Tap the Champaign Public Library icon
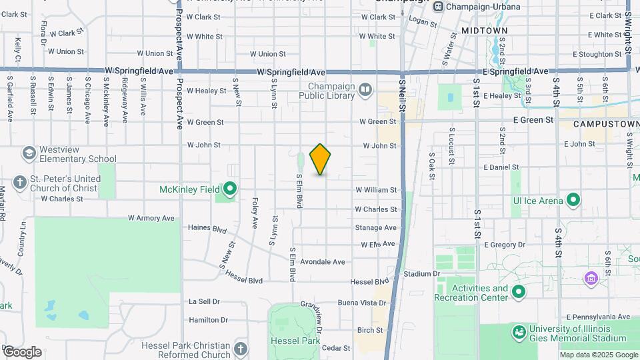pos(365,89)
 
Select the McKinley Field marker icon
pos(229,189)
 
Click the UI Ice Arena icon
pos(573,200)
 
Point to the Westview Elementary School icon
pos(29,154)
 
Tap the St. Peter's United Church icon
pos(20,183)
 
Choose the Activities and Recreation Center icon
pos(518,292)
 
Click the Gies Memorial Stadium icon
pos(519,331)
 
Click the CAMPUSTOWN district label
pos(598,124)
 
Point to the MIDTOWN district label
pos(484,31)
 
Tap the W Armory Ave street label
pos(151,218)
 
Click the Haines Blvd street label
pos(209,227)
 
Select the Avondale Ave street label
pos(323,262)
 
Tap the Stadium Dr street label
pos(423,273)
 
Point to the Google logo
pos(22,352)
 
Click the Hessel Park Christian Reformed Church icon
pos(240,348)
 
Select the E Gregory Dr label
pos(506,245)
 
